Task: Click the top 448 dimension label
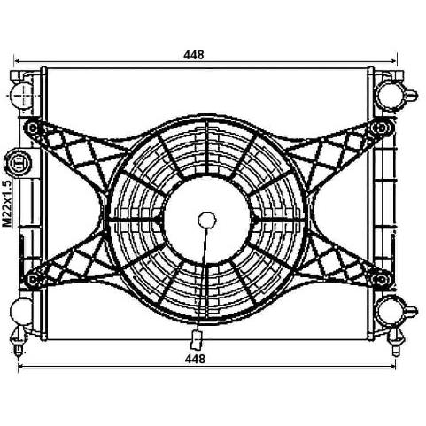pos(194,54)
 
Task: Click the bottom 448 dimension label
pos(195,359)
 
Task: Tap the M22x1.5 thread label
pos(7,204)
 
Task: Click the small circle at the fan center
pos(207,221)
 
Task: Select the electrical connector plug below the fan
pos(197,339)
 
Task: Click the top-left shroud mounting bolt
pos(33,128)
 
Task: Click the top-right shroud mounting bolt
pos(382,128)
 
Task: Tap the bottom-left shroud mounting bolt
pos(32,278)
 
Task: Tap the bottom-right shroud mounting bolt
pos(381,278)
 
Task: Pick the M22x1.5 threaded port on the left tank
pos(19,163)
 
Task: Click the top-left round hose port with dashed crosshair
pos(21,96)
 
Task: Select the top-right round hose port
pos(391,96)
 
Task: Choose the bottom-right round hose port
pos(391,311)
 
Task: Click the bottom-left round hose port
pos(21,312)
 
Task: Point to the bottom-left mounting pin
pos(19,343)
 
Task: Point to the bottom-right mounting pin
pos(396,343)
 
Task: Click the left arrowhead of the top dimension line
pos(17,61)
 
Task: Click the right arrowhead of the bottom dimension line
pos(393,367)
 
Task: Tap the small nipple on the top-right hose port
pos(411,95)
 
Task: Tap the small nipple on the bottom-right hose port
pos(411,311)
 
